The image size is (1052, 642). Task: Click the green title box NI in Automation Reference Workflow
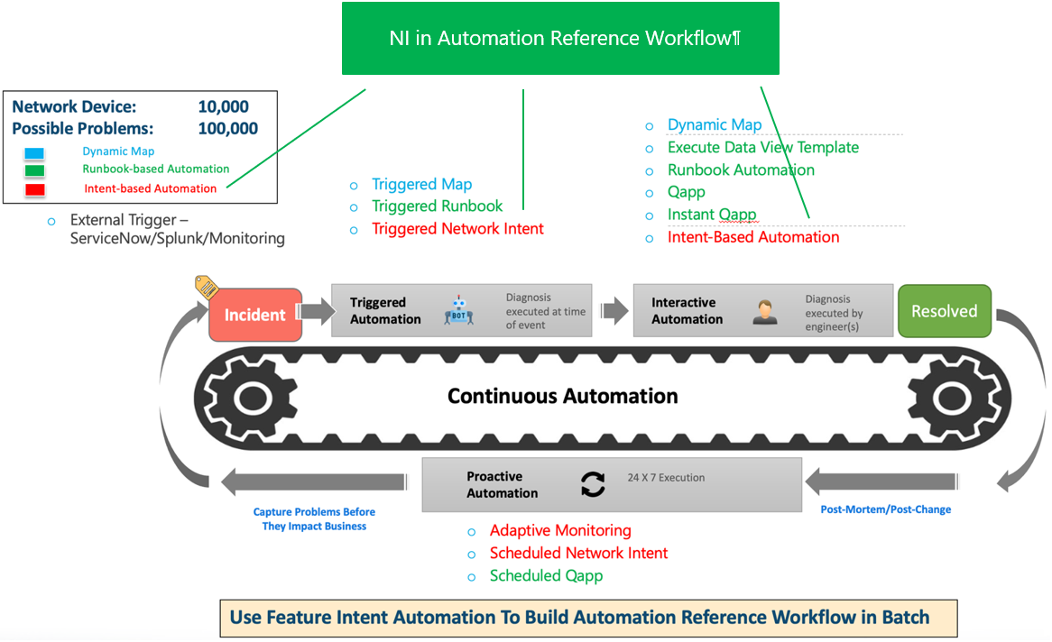tap(560, 39)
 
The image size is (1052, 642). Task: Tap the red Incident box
tap(255, 315)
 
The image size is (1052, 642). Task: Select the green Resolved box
tap(944, 312)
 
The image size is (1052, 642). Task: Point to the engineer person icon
tap(764, 312)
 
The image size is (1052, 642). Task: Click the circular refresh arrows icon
tap(593, 485)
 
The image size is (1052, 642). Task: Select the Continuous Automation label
tap(563, 396)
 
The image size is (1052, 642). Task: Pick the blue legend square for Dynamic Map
tap(34, 152)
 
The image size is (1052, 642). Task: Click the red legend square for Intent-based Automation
tap(34, 189)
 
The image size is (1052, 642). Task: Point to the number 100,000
tap(227, 129)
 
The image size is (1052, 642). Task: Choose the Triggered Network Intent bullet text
tap(457, 229)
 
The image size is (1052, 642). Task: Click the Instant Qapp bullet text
tap(712, 215)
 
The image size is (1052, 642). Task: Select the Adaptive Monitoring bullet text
tap(560, 530)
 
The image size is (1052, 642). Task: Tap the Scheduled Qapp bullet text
tap(546, 575)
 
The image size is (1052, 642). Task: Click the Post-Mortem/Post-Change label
tap(885, 509)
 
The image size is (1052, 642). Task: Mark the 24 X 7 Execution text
tap(666, 478)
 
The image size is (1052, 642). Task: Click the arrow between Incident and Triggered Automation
tap(316, 313)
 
